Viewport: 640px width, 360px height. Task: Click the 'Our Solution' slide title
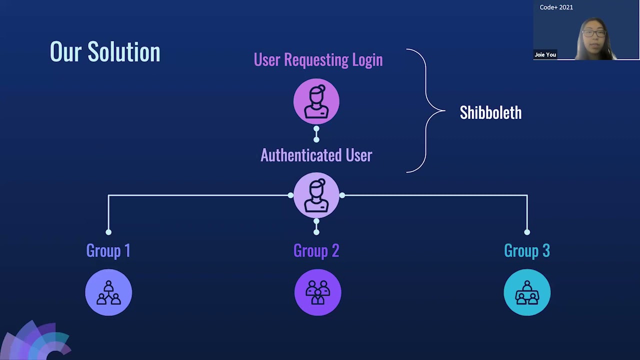tap(105, 52)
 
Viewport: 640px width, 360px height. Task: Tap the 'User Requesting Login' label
tap(318, 60)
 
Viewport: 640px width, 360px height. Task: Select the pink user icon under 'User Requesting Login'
tap(316, 101)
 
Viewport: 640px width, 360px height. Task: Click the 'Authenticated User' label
tap(316, 155)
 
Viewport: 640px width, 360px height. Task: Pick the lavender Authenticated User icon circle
tap(316, 195)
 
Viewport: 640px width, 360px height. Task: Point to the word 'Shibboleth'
tap(490, 113)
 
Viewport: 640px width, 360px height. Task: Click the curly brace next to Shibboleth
tap(425, 110)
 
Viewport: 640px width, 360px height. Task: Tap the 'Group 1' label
tap(108, 250)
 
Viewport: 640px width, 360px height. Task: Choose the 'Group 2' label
tap(316, 250)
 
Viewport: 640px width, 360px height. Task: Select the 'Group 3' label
tap(527, 250)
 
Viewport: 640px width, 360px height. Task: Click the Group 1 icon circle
tap(108, 292)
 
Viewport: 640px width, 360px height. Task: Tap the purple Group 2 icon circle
tap(317, 292)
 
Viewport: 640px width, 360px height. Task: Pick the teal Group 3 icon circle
tap(527, 292)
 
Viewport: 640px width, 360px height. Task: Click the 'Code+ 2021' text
tap(556, 7)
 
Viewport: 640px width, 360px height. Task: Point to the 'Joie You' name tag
tap(545, 55)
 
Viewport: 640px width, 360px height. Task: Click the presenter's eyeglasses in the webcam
tap(594, 33)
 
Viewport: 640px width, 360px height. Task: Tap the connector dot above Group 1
tap(108, 232)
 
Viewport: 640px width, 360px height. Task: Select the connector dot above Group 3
tap(527, 232)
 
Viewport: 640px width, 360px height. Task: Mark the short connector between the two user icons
tap(316, 134)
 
